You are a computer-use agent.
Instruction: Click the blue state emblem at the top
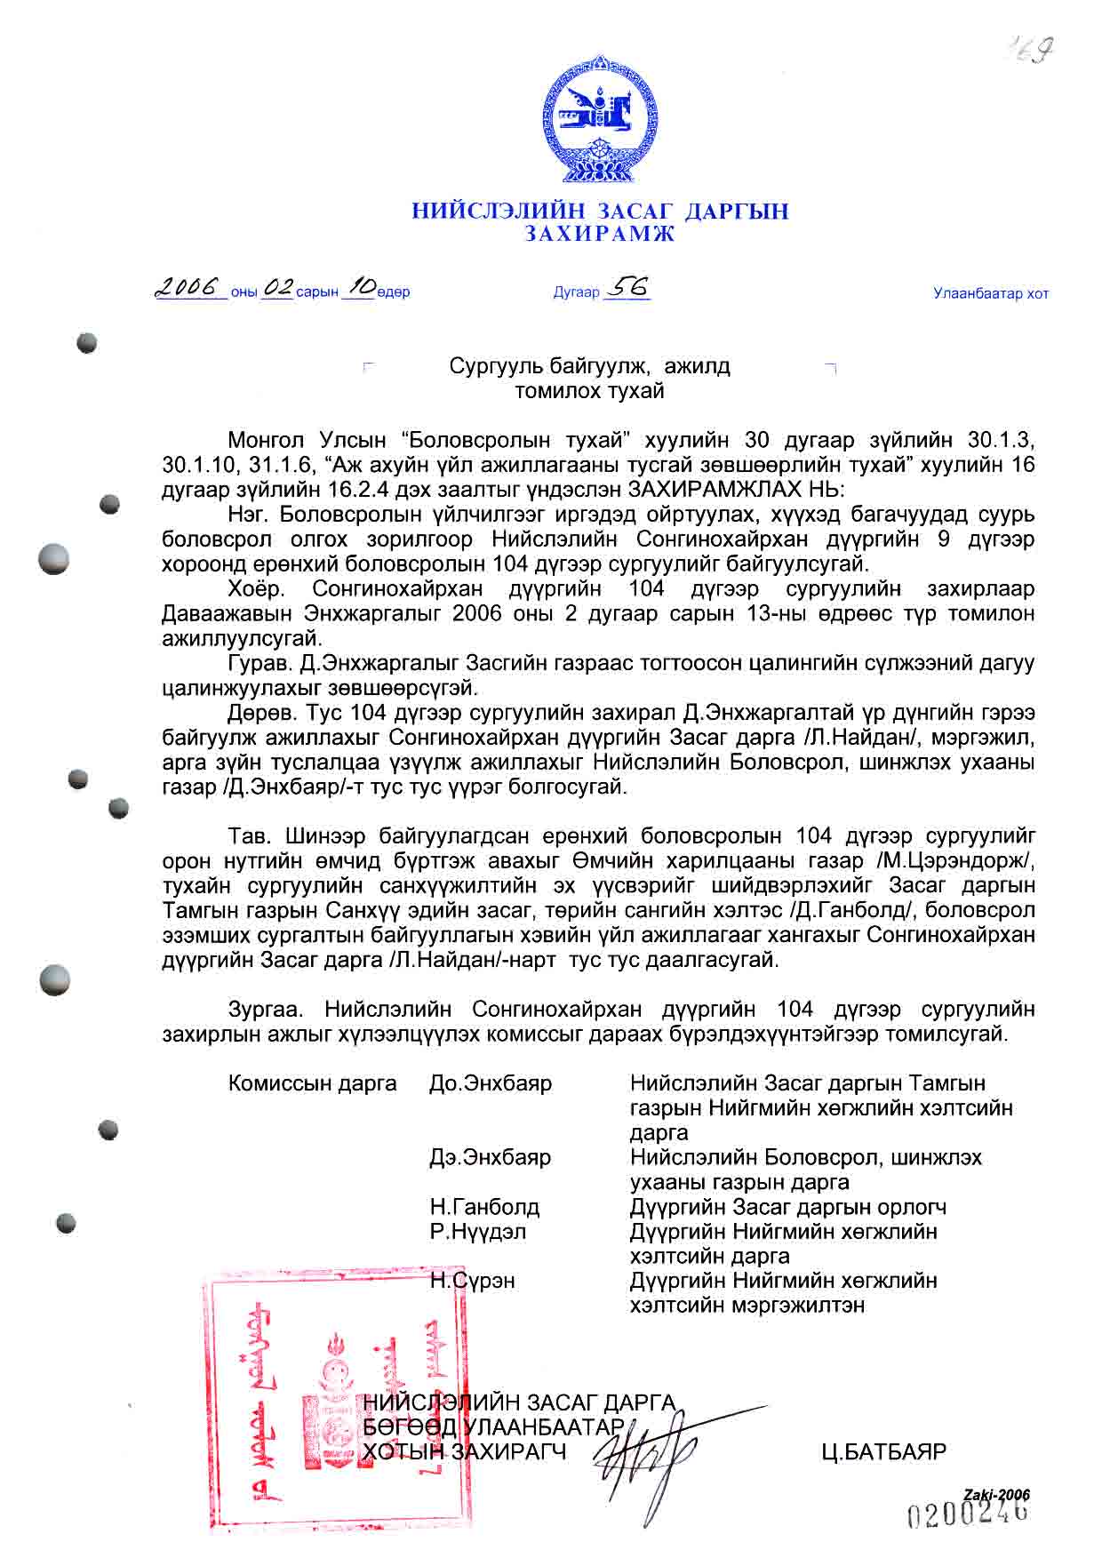click(x=600, y=121)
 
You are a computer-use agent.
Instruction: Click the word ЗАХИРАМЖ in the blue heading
click(x=599, y=235)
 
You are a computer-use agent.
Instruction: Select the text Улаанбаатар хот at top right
click(x=991, y=293)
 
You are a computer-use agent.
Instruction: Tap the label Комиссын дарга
click(x=312, y=1083)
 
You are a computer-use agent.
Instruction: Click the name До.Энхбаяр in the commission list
click(x=491, y=1083)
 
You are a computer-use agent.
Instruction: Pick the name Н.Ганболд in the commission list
click(x=484, y=1207)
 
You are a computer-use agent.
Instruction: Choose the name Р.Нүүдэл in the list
click(x=478, y=1232)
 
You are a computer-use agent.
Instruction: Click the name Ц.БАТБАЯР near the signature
click(x=884, y=1452)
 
